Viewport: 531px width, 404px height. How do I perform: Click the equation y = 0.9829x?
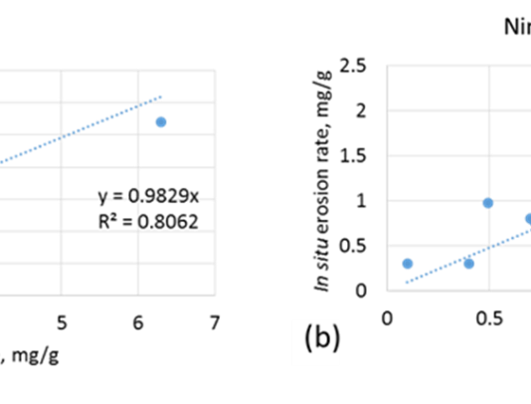pyautogui.click(x=148, y=196)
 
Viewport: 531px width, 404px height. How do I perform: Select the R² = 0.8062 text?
pyautogui.click(x=148, y=222)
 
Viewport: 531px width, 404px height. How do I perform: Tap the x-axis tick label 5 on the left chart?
pyautogui.click(x=62, y=322)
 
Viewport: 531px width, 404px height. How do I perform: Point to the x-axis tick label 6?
pyautogui.click(x=138, y=322)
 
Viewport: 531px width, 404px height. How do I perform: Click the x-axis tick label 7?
pyautogui.click(x=215, y=322)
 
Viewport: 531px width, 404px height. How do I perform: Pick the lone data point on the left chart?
pyautogui.click(x=161, y=122)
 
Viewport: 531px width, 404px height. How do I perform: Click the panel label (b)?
pyautogui.click(x=322, y=338)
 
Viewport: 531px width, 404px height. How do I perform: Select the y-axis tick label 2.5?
pyautogui.click(x=353, y=66)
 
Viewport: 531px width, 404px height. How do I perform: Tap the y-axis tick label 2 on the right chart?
pyautogui.click(x=361, y=110)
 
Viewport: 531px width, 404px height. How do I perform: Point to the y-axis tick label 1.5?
pyautogui.click(x=353, y=155)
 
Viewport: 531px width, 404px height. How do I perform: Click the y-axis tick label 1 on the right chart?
pyautogui.click(x=361, y=201)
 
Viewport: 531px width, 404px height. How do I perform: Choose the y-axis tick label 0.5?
pyautogui.click(x=353, y=246)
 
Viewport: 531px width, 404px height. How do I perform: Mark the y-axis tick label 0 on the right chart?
pyautogui.click(x=361, y=291)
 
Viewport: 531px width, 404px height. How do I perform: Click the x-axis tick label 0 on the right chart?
pyautogui.click(x=387, y=318)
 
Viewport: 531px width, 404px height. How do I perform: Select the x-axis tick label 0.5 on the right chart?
pyautogui.click(x=489, y=318)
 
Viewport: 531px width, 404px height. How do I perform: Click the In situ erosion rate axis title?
pyautogui.click(x=322, y=181)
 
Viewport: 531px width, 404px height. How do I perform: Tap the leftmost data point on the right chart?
pyautogui.click(x=408, y=264)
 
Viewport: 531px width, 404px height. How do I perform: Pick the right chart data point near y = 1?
pyautogui.click(x=487, y=203)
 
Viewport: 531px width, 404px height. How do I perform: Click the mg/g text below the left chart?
pyautogui.click(x=35, y=356)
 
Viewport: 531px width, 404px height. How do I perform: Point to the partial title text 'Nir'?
pyautogui.click(x=517, y=27)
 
